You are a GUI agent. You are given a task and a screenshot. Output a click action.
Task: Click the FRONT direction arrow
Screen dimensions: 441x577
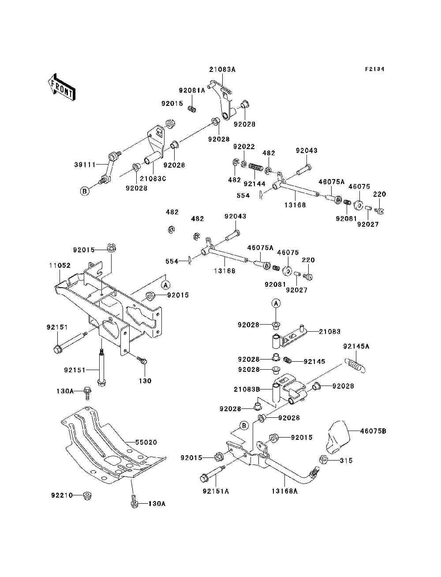pyautogui.click(x=62, y=87)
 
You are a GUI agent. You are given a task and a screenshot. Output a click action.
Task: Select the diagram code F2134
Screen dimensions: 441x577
pyautogui.click(x=374, y=69)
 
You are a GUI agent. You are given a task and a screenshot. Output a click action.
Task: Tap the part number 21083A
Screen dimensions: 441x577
pyautogui.click(x=222, y=70)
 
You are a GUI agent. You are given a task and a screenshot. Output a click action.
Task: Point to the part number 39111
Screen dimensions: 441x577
pyautogui.click(x=84, y=165)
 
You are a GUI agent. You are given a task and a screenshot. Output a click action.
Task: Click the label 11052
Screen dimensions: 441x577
pyautogui.click(x=60, y=266)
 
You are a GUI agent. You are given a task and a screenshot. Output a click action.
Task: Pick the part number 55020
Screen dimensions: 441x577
pyautogui.click(x=146, y=442)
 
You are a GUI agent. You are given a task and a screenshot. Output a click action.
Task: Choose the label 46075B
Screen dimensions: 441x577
pyautogui.click(x=373, y=431)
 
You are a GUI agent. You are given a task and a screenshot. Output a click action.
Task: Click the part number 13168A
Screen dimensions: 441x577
pyautogui.click(x=284, y=491)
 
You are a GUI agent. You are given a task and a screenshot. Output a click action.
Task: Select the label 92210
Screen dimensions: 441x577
pyautogui.click(x=62, y=495)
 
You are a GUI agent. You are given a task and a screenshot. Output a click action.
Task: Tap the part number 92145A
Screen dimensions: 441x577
pyautogui.click(x=356, y=346)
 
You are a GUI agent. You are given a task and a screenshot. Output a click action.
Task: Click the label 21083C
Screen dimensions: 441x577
pyautogui.click(x=153, y=179)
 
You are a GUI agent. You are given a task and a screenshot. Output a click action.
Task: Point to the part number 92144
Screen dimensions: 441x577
pyautogui.click(x=254, y=184)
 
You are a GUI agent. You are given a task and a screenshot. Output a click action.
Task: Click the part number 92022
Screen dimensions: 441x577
pyautogui.click(x=244, y=147)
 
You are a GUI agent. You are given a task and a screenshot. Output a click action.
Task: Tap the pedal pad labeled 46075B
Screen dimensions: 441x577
pyautogui.click(x=338, y=437)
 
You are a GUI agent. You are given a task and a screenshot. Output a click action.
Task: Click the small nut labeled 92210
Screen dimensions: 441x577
pyautogui.click(x=87, y=495)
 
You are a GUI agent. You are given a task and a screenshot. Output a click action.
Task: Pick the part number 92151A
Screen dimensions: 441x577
pyautogui.click(x=216, y=491)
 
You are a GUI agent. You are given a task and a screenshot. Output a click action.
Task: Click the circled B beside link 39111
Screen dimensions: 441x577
pyautogui.click(x=85, y=191)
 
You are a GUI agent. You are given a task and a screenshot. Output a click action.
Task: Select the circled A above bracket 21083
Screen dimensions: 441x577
pyautogui.click(x=276, y=303)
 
